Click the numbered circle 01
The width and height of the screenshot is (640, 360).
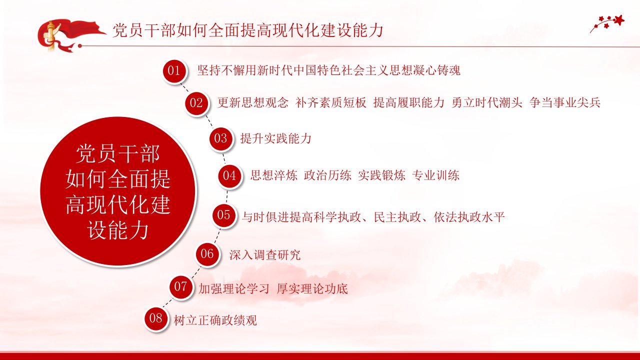[x=174, y=70]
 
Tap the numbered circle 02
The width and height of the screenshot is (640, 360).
[x=196, y=103]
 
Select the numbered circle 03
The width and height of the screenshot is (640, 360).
[x=220, y=138]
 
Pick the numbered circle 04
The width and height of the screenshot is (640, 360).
[x=229, y=175]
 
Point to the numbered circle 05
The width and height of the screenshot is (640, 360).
[x=223, y=215]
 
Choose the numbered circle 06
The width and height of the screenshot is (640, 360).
[x=207, y=254]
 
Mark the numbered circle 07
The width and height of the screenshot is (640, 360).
[x=180, y=286]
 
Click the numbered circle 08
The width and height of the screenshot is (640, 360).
[x=155, y=318]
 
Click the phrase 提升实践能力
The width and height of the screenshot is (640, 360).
[x=275, y=138]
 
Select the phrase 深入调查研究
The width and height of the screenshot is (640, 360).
[x=265, y=254]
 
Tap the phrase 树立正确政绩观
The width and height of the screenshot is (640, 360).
[x=215, y=320]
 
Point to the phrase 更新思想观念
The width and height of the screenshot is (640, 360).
[x=253, y=102]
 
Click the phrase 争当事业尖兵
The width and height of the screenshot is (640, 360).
[x=565, y=102]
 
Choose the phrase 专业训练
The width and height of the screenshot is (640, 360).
[x=435, y=175]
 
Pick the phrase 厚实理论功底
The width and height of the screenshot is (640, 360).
[x=312, y=288]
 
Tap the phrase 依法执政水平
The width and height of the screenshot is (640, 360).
[x=469, y=217]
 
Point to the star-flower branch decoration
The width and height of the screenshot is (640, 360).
[x=607, y=23]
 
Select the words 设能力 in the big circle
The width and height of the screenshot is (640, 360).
[x=117, y=230]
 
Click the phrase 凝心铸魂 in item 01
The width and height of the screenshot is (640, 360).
[x=436, y=70]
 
